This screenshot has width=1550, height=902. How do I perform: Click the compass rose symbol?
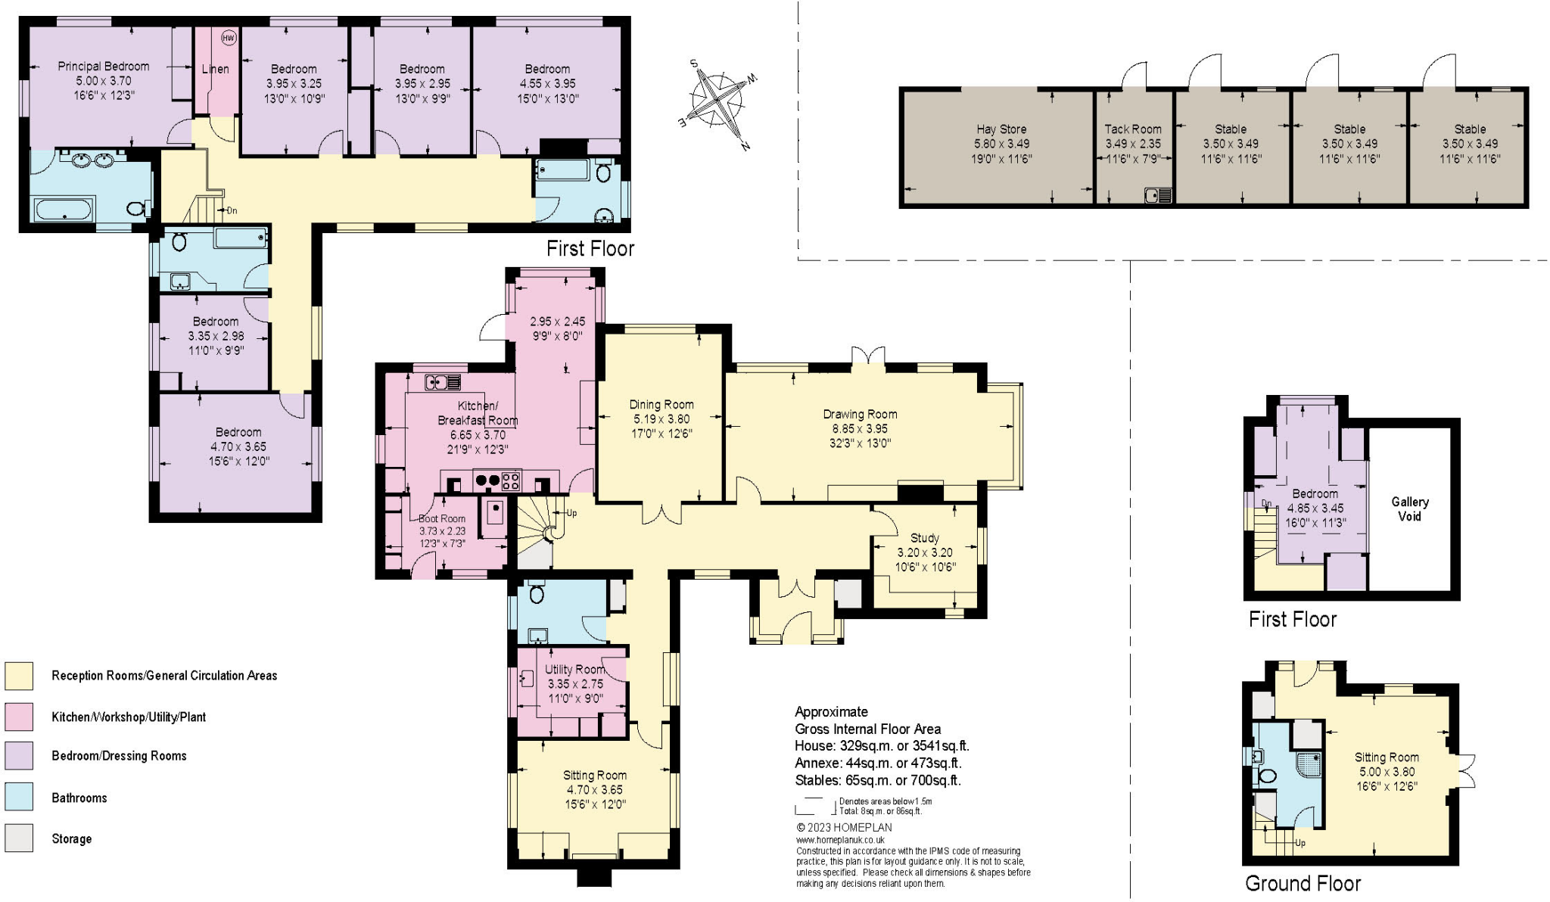pos(718,102)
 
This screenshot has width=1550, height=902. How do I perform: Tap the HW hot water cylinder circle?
pos(228,37)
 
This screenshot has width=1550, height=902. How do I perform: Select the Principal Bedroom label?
pos(104,66)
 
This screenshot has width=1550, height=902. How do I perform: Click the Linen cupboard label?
pos(215,69)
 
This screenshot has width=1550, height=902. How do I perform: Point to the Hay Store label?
pos(1001,129)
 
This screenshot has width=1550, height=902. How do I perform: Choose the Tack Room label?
pos(1133,129)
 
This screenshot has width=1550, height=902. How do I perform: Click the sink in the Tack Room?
pos(1158,195)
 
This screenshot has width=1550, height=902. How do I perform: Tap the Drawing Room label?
pos(860,415)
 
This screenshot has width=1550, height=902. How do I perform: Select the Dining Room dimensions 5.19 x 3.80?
pos(661,419)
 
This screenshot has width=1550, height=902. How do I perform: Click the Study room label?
pos(925,538)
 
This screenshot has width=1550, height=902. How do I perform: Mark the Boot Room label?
pos(442,518)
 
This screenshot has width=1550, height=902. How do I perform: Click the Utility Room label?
pos(575,670)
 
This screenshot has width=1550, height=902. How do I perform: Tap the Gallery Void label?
pos(1410,509)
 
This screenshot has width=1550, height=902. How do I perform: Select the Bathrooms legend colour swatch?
pos(19,798)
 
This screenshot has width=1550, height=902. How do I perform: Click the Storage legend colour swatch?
pos(19,838)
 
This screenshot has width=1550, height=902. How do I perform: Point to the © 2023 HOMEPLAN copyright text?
pos(845,828)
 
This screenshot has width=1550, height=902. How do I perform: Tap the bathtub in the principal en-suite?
pos(63,209)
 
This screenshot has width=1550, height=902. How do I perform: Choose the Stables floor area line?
pos(878,780)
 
